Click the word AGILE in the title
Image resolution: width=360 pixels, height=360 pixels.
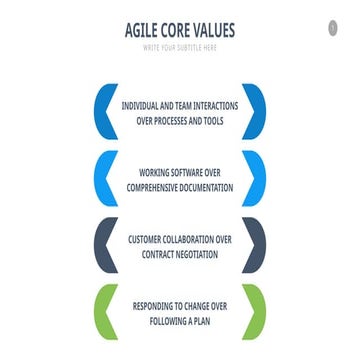pyautogui.click(x=141, y=30)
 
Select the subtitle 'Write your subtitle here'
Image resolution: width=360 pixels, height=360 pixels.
pyautogui.click(x=180, y=48)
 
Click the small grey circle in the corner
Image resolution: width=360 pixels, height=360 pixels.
pyautogui.click(x=333, y=28)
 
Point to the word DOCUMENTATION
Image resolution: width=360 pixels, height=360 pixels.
pyautogui.click(x=207, y=187)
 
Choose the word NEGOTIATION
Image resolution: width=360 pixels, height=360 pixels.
pyautogui.click(x=197, y=255)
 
